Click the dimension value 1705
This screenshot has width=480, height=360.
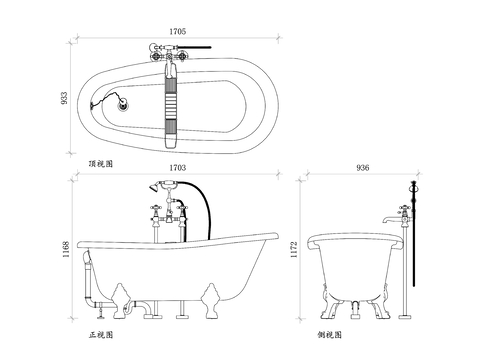[178, 32]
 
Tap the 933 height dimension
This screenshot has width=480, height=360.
[64, 98]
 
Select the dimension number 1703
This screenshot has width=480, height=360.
[178, 168]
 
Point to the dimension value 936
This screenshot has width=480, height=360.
[363, 168]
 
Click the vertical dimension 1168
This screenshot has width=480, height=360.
[66, 249]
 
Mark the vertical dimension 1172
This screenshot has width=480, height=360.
[293, 250]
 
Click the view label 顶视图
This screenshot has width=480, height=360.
[101, 164]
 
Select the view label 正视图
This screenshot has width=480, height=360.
[101, 335]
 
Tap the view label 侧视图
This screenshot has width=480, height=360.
[330, 335]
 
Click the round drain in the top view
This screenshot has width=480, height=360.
[123, 105]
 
